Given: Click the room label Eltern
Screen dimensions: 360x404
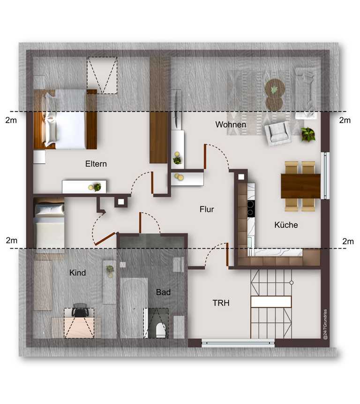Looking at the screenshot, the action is pyautogui.click(x=96, y=164).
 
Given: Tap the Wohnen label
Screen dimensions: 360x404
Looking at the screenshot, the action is pyautogui.click(x=231, y=125).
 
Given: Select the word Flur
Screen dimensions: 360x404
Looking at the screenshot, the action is pyautogui.click(x=207, y=209).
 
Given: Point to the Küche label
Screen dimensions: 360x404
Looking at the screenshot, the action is pyautogui.click(x=286, y=225).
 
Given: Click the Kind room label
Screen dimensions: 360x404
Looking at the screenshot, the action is pyautogui.click(x=77, y=273).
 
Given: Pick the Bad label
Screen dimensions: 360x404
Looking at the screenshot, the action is pyautogui.click(x=163, y=292).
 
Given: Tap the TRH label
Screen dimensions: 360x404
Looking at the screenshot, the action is pyautogui.click(x=221, y=303).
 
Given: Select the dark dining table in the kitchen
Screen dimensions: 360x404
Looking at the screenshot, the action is pyautogui.click(x=300, y=186).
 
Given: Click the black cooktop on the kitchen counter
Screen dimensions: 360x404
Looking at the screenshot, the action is pyautogui.click(x=251, y=208).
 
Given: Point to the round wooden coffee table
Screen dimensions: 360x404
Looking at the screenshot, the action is pyautogui.click(x=275, y=95).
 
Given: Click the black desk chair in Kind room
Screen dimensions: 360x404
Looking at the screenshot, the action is pyautogui.click(x=80, y=310).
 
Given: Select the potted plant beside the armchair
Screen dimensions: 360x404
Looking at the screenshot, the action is pyautogui.click(x=308, y=135).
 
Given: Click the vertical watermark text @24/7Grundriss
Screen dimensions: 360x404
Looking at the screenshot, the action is pyautogui.click(x=325, y=324).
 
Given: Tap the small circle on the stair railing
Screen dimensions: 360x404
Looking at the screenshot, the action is pyautogui.click(x=291, y=282).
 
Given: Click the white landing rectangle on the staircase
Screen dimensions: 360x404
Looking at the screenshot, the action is pyautogui.click(x=271, y=302).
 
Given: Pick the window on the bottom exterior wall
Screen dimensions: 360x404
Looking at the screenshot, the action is pyautogui.click(x=238, y=343).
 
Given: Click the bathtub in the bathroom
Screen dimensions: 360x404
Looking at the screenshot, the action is pyautogui.click(x=134, y=308).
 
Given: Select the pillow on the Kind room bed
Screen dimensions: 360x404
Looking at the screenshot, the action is pyautogui.click(x=50, y=209).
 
